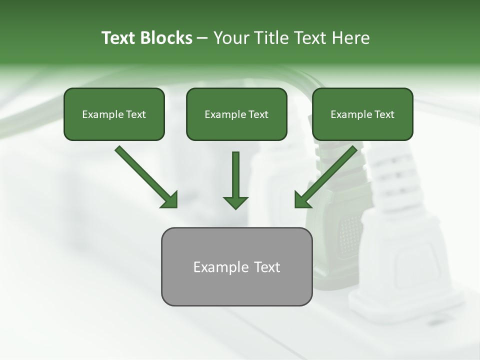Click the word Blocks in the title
167,38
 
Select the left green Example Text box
114,114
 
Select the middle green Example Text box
236,114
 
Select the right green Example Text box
362,114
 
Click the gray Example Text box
236,267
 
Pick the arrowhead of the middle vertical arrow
235,202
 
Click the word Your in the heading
230,38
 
